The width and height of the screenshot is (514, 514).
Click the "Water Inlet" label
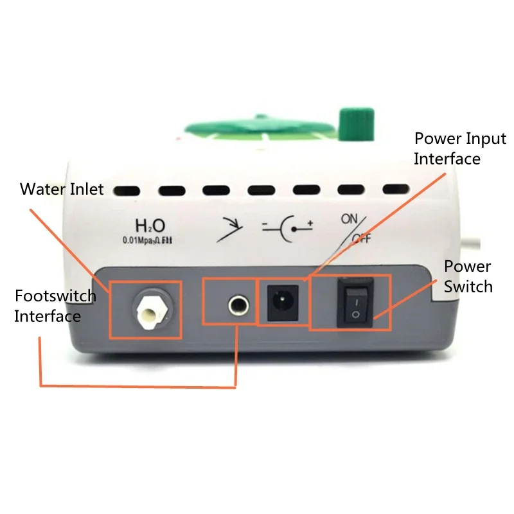coord(62,190)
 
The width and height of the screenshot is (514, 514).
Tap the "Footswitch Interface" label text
coord(55,306)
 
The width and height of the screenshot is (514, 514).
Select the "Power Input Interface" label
coord(459,148)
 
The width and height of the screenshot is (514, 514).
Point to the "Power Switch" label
coord(468,276)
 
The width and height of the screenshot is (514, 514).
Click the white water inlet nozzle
coord(148,310)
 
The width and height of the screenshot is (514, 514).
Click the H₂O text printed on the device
coord(150,226)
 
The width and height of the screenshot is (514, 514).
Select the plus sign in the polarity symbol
coord(310,223)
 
